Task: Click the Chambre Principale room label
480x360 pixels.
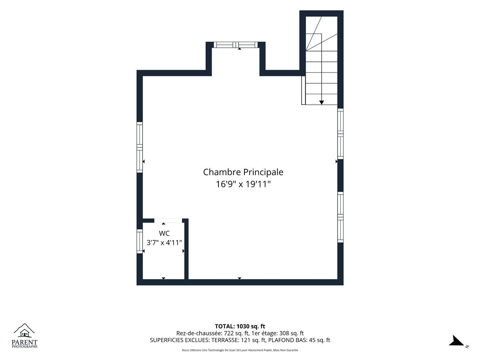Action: [x=243, y=172]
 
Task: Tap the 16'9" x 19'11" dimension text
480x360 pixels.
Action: [x=243, y=184]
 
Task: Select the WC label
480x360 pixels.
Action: [x=164, y=233]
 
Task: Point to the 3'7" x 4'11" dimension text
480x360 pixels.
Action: [x=164, y=243]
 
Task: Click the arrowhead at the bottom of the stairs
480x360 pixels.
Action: [x=322, y=102]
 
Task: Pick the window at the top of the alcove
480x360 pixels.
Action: [x=236, y=45]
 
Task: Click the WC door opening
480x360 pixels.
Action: [x=168, y=220]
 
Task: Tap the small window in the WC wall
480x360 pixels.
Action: [x=140, y=241]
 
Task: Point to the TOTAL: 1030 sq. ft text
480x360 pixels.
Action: [x=240, y=326]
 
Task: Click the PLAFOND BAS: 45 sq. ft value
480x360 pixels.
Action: [x=299, y=340]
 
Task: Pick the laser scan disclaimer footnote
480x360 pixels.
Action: [x=240, y=350]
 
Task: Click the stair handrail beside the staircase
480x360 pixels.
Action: [x=303, y=90]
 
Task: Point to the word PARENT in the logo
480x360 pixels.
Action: [x=24, y=342]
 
